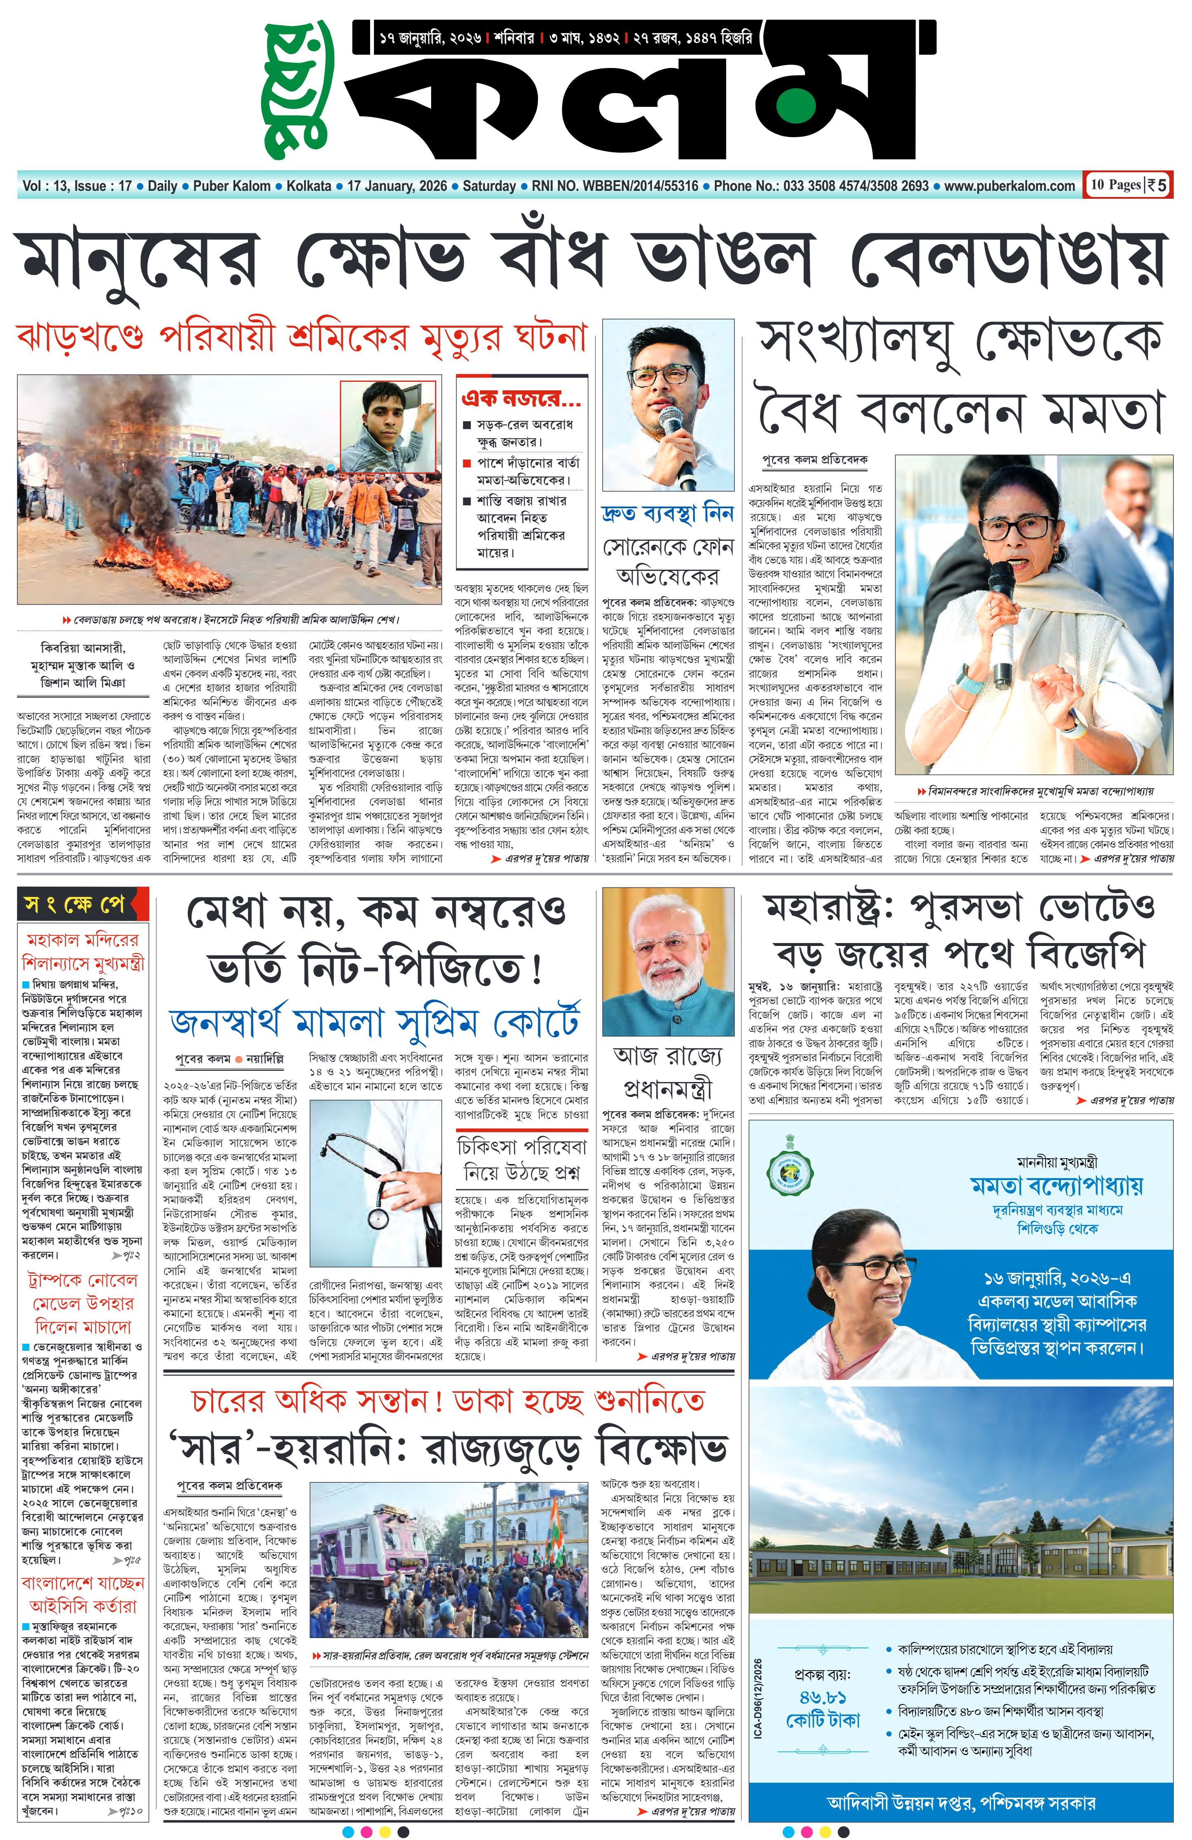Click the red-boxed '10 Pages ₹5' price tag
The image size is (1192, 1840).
(x=1127, y=185)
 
